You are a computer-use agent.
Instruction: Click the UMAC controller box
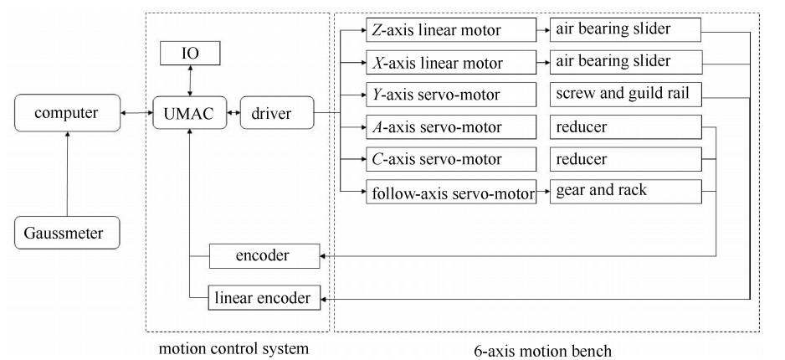(191, 113)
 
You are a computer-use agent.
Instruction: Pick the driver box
(276, 113)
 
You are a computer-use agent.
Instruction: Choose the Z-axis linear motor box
(450, 31)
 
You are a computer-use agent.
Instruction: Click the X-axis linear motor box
(450, 63)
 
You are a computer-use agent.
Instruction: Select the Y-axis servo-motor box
(450, 94)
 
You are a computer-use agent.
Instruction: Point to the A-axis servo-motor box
(450, 127)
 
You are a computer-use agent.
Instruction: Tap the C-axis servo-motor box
(450, 159)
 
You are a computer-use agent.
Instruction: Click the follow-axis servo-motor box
(450, 192)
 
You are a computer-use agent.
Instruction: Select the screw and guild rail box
(624, 94)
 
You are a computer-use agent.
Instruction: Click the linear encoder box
(263, 296)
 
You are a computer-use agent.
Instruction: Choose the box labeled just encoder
(263, 255)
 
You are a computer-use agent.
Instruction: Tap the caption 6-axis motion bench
(556, 348)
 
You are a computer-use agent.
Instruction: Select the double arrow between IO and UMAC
(191, 82)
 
